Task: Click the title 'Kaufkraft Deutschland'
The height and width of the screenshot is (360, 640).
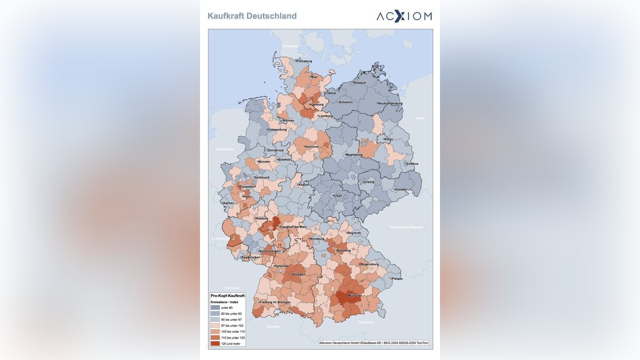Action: [252, 16]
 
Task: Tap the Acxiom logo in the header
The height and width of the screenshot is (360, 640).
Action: [404, 16]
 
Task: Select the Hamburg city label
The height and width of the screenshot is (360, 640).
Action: [309, 105]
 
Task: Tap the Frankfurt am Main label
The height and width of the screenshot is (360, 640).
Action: [292, 227]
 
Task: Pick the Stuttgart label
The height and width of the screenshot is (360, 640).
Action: [298, 274]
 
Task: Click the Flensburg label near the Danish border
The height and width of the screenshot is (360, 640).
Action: [303, 61]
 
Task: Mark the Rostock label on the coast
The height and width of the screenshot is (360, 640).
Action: [359, 83]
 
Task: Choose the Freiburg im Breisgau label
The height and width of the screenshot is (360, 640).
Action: [275, 302]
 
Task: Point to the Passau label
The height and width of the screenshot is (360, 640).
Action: [396, 278]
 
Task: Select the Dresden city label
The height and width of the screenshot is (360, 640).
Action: [401, 189]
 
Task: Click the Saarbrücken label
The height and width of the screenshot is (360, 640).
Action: [251, 258]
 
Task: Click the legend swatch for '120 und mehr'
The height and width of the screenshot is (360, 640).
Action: [215, 343]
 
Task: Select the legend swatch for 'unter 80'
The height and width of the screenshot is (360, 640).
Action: [215, 308]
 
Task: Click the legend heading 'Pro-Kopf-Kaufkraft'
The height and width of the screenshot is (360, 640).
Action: [228, 295]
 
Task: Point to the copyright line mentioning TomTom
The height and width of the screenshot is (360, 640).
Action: [373, 343]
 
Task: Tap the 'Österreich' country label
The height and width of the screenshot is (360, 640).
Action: [366, 322]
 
